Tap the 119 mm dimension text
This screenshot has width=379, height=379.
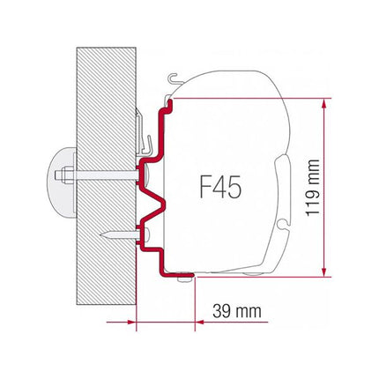point(350,188)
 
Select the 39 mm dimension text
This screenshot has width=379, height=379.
point(237,311)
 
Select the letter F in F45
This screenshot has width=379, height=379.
point(202,188)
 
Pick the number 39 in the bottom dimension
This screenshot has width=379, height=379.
point(222,311)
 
